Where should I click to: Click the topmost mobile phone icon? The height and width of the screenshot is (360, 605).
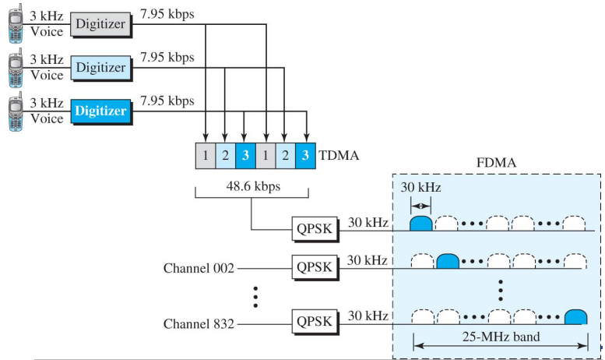point(16,24)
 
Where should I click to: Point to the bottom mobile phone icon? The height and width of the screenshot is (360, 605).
point(16,111)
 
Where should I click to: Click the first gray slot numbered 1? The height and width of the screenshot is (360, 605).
point(204,155)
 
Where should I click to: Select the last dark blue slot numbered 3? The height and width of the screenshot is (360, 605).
point(306,155)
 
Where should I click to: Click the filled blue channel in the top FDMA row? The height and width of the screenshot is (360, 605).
point(420,224)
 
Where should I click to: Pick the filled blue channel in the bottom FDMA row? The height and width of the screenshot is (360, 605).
point(575,316)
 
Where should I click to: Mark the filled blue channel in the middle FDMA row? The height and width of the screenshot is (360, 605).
point(448,261)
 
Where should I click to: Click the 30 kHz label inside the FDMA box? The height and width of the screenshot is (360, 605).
point(420,188)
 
